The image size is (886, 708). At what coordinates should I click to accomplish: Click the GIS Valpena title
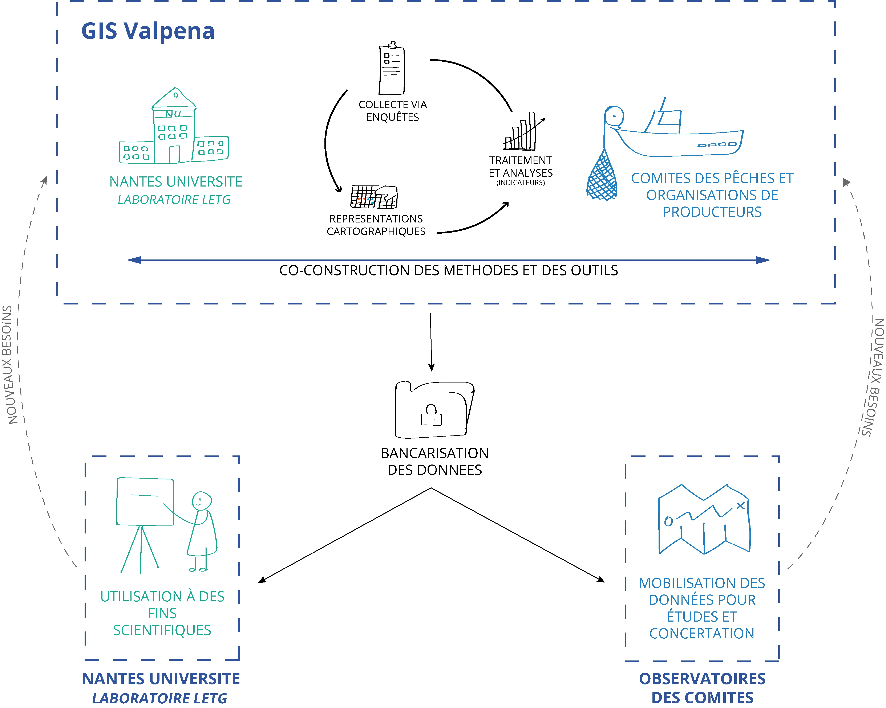pyautogui.click(x=148, y=31)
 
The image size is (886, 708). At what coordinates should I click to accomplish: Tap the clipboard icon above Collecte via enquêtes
pyautogui.click(x=392, y=69)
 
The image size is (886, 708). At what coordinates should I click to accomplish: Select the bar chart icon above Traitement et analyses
pyautogui.click(x=521, y=132)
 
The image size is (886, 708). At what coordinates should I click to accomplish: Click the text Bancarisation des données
pyautogui.click(x=434, y=461)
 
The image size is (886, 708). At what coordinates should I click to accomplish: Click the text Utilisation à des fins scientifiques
pyautogui.click(x=162, y=613)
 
